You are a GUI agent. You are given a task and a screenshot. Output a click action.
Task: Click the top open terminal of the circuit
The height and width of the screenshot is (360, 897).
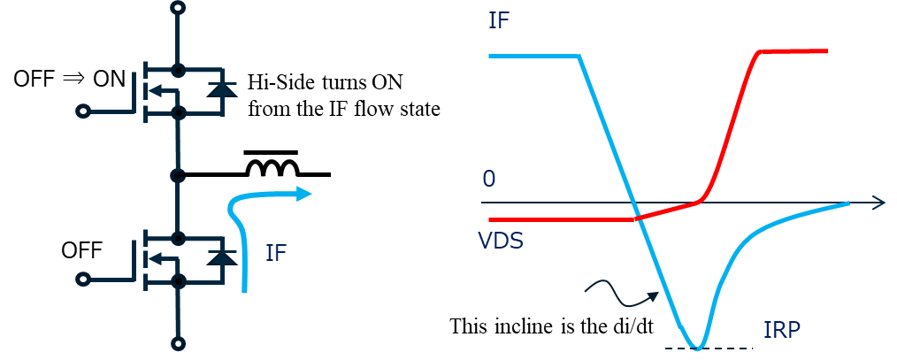pos(179,8)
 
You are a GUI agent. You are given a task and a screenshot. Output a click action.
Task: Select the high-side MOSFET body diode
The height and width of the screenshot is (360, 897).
pos(221,89)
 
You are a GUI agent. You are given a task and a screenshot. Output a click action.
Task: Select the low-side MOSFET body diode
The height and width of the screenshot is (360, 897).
pos(221,257)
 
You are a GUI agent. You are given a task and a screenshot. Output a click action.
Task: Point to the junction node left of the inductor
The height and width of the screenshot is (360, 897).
pos(179,173)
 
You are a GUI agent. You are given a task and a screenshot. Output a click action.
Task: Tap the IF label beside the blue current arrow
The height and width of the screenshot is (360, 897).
pos(276,252)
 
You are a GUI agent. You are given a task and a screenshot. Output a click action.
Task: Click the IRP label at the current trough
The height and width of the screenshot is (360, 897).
pos(780,330)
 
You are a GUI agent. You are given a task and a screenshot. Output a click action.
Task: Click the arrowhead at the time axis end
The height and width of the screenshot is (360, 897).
pos(879,202)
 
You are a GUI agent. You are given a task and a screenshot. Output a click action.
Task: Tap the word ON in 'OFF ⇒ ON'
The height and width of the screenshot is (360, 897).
pos(109,79)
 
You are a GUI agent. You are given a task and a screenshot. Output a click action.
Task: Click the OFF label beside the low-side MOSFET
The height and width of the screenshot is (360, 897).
pos(81,249)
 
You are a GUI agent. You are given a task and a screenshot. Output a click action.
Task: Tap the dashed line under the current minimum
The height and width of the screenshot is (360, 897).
pos(709,349)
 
